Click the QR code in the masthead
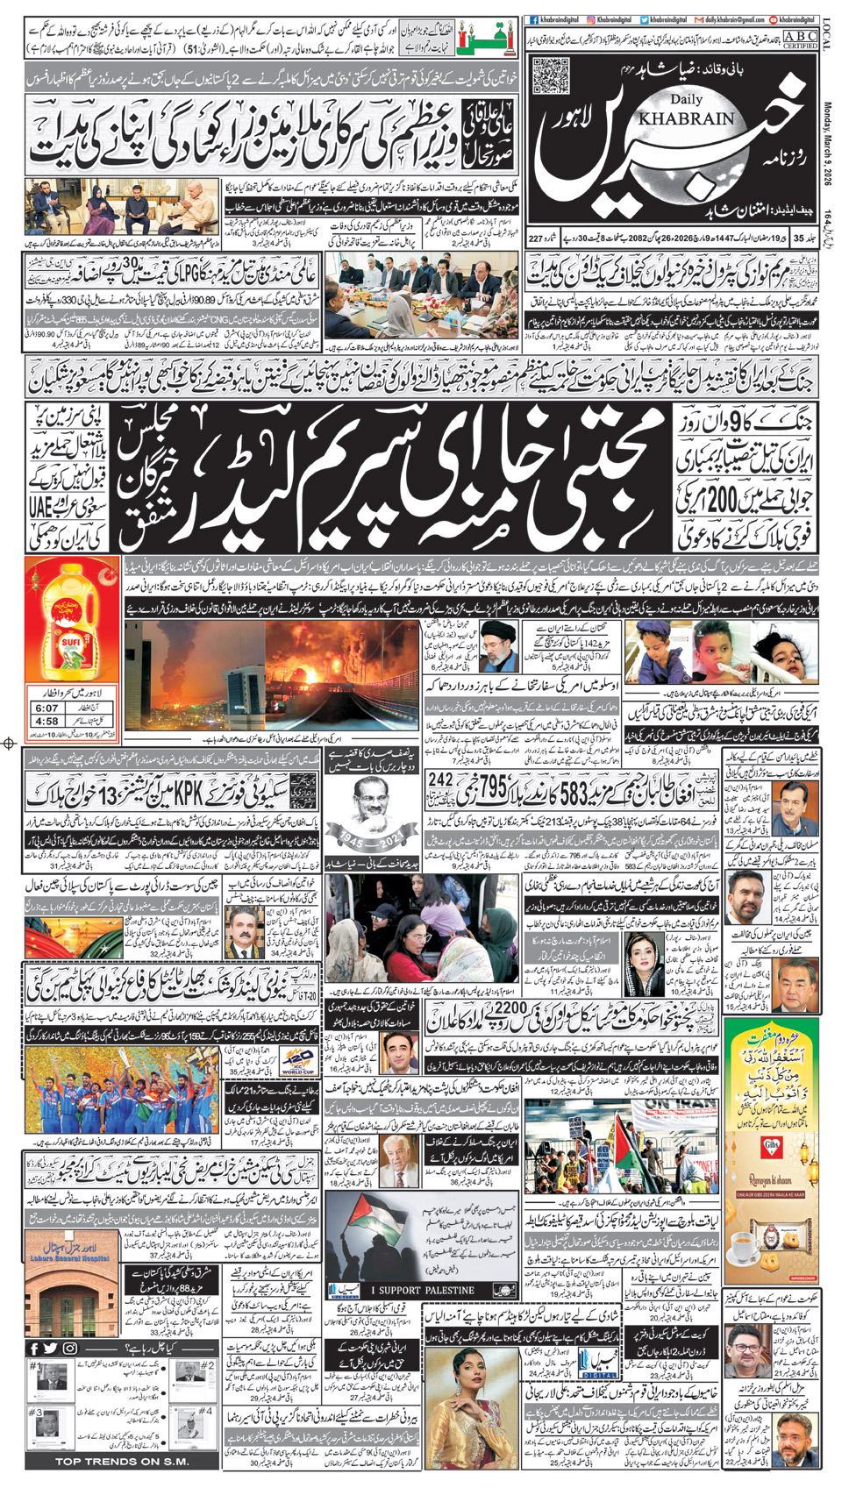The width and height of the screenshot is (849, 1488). (x=550, y=75)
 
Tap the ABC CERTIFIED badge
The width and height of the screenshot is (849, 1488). (x=800, y=39)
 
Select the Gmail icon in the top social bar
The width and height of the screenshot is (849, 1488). (x=699, y=19)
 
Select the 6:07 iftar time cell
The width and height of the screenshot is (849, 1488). (x=47, y=708)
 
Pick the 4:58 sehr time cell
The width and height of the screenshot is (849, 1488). (x=47, y=722)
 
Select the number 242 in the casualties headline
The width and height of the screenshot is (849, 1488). (x=440, y=779)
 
